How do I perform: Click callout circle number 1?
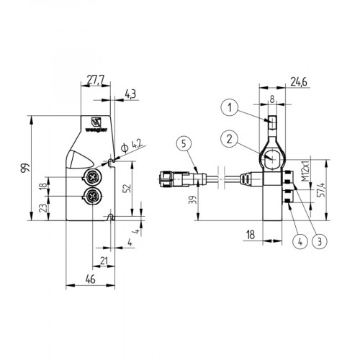[x=228, y=108]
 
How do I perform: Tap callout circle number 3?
[x=318, y=241]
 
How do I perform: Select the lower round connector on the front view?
[x=92, y=197]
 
